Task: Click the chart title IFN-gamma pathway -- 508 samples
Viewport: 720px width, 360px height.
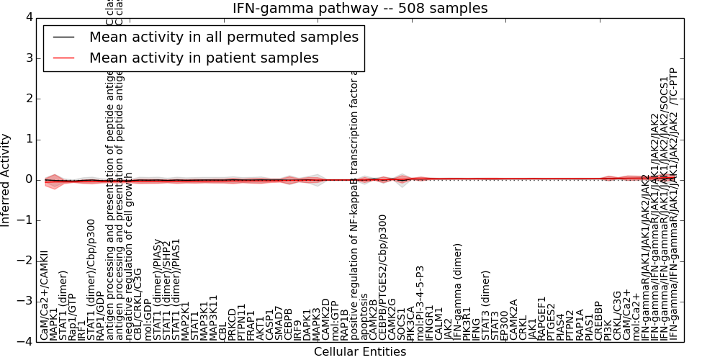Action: click(360, 9)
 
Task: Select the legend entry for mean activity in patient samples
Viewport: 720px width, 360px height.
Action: click(204, 58)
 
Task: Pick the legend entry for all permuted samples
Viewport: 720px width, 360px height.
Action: click(223, 37)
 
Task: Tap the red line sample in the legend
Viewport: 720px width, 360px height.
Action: click(64, 58)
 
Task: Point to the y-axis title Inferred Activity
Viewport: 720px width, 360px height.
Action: click(6, 179)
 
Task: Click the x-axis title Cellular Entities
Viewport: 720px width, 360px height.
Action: click(360, 351)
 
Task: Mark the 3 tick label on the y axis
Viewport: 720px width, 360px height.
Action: click(28, 58)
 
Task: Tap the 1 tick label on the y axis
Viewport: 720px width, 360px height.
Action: click(28, 139)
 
